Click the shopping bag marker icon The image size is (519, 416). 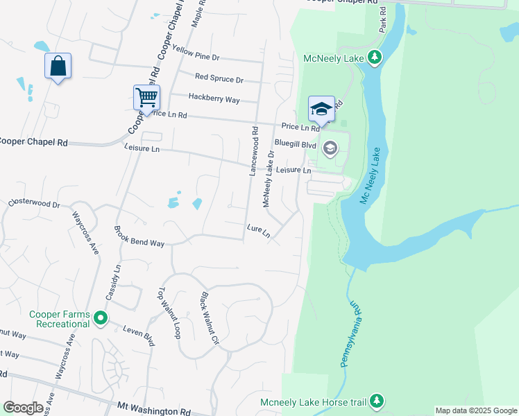click(58, 67)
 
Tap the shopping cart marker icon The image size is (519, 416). click(146, 98)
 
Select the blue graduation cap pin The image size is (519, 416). click(321, 108)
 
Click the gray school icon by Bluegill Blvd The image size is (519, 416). click(330, 146)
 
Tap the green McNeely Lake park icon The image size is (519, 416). click(375, 57)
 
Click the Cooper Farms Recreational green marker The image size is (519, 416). click(101, 319)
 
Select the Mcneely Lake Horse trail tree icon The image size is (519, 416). click(376, 401)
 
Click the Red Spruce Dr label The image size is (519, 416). click(219, 79)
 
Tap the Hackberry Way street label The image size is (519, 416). click(214, 99)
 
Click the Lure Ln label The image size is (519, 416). click(258, 229)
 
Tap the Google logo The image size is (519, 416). click(23, 408)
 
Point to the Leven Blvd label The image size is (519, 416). click(139, 336)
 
